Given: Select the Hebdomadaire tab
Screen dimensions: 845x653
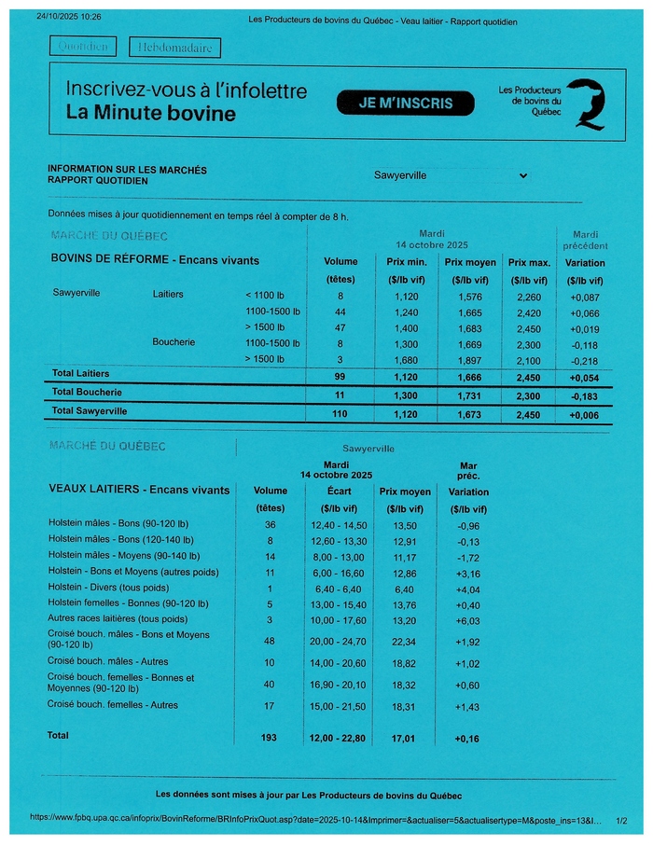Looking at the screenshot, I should point(175,47).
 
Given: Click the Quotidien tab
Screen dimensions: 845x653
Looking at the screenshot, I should point(84,47).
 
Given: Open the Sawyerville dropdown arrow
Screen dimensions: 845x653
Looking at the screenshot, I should point(522,175).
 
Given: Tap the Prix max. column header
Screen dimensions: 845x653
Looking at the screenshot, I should point(528,262).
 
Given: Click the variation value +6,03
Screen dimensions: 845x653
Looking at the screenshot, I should point(468,620).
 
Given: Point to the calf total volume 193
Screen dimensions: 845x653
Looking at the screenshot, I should point(271,738).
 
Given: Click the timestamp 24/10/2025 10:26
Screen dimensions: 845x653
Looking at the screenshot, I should point(68,17).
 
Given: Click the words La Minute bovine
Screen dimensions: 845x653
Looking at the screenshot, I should point(151,114).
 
